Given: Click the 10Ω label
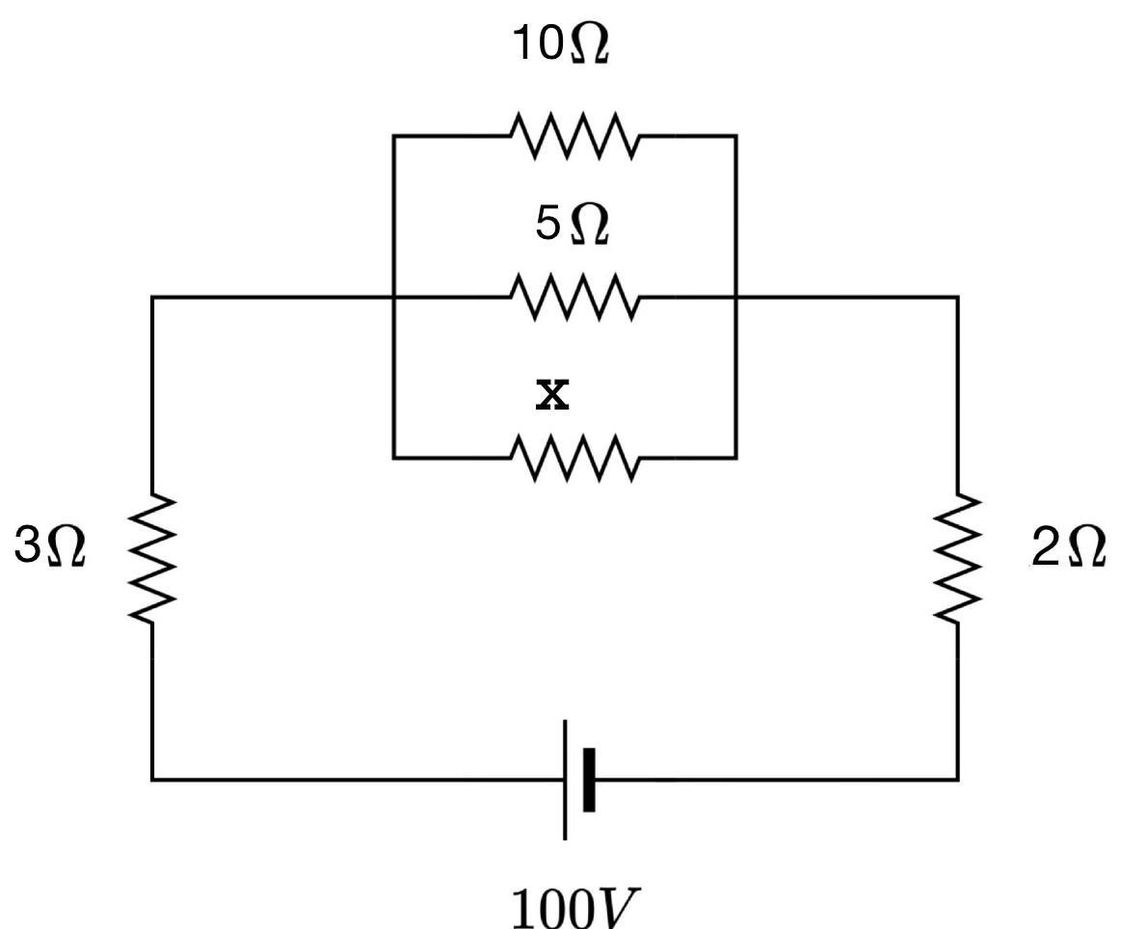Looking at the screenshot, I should pos(562,46).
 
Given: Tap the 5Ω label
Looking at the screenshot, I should pos(572,226).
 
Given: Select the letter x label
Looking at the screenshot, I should pos(552,393).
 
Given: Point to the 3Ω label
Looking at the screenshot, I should pos(49,547).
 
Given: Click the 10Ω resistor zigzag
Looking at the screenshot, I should pos(574,137).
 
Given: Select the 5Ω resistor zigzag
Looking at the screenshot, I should pos(574,298).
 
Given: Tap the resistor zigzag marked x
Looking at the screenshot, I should pos(574,458).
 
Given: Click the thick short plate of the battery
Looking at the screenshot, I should pos(589,779).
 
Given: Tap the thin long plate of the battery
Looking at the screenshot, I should pos(565,779).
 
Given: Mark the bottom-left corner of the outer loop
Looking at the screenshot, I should pos(152,778).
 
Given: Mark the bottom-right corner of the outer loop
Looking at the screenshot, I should pos(957,778).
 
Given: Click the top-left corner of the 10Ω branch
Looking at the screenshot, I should pos(393,137).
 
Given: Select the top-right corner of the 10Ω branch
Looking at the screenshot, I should pos(735,137).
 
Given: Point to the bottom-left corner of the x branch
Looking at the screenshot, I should pos(393,458).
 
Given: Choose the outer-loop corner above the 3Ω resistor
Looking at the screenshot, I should pos(152,298).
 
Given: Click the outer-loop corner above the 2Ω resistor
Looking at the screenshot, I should pos(957,298).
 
